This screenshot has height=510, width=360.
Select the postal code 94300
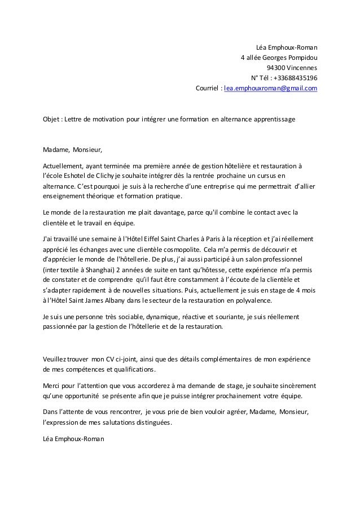[x=276, y=68]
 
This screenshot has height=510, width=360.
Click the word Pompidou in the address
[x=302, y=57]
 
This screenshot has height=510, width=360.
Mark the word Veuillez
[x=56, y=359]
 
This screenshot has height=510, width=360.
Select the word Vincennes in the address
[x=302, y=68]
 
